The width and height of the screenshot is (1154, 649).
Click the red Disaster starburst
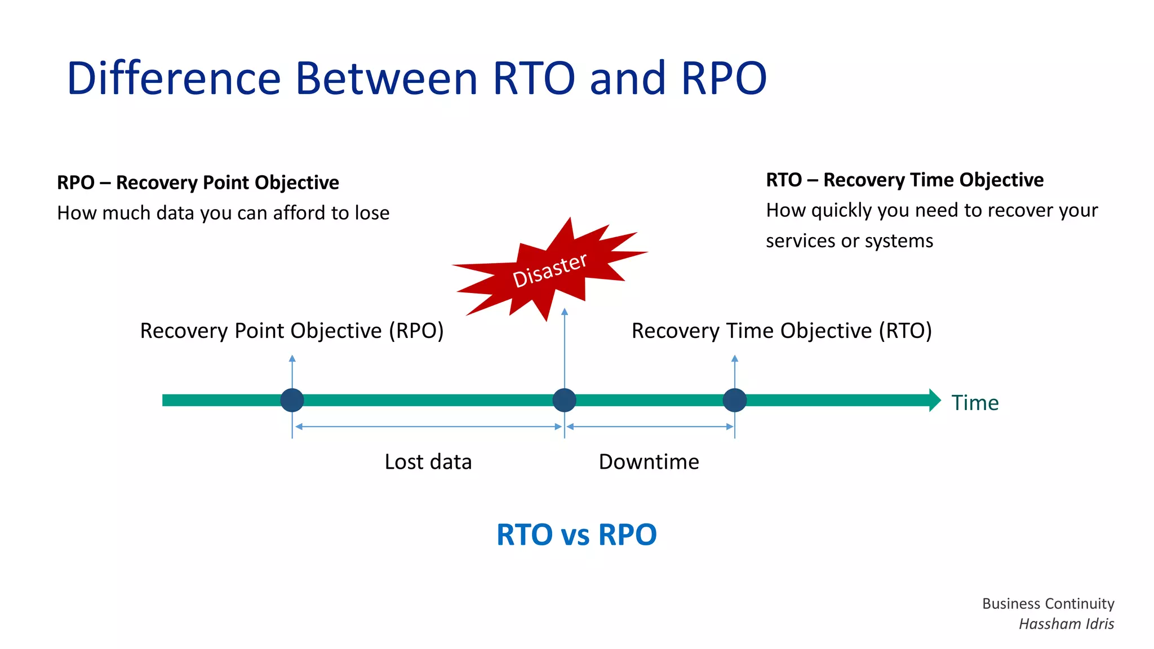click(549, 269)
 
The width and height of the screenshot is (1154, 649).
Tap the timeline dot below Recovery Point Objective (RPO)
click(292, 400)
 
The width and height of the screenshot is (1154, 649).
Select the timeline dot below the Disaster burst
click(564, 400)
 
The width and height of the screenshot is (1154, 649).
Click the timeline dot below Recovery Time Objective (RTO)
click(735, 400)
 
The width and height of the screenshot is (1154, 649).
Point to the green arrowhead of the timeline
click(934, 400)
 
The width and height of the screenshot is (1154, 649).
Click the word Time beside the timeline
click(975, 403)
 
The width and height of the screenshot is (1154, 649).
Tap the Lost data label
click(428, 461)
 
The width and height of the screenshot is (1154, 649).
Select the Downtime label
click(649, 461)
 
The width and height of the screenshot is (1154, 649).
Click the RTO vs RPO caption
click(576, 534)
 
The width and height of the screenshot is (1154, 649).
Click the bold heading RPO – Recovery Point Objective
click(198, 183)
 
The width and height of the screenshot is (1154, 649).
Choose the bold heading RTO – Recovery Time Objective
click(904, 180)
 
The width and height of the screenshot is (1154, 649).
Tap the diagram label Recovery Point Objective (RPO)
click(292, 331)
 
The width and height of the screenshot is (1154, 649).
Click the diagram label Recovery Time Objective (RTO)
click(782, 331)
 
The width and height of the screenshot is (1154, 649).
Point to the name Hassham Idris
click(1066, 624)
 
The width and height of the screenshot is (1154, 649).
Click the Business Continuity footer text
click(1048, 603)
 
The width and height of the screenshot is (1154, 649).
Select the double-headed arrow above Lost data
click(428, 427)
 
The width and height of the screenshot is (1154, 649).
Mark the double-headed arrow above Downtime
click(650, 427)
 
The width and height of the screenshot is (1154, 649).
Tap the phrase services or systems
click(849, 241)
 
